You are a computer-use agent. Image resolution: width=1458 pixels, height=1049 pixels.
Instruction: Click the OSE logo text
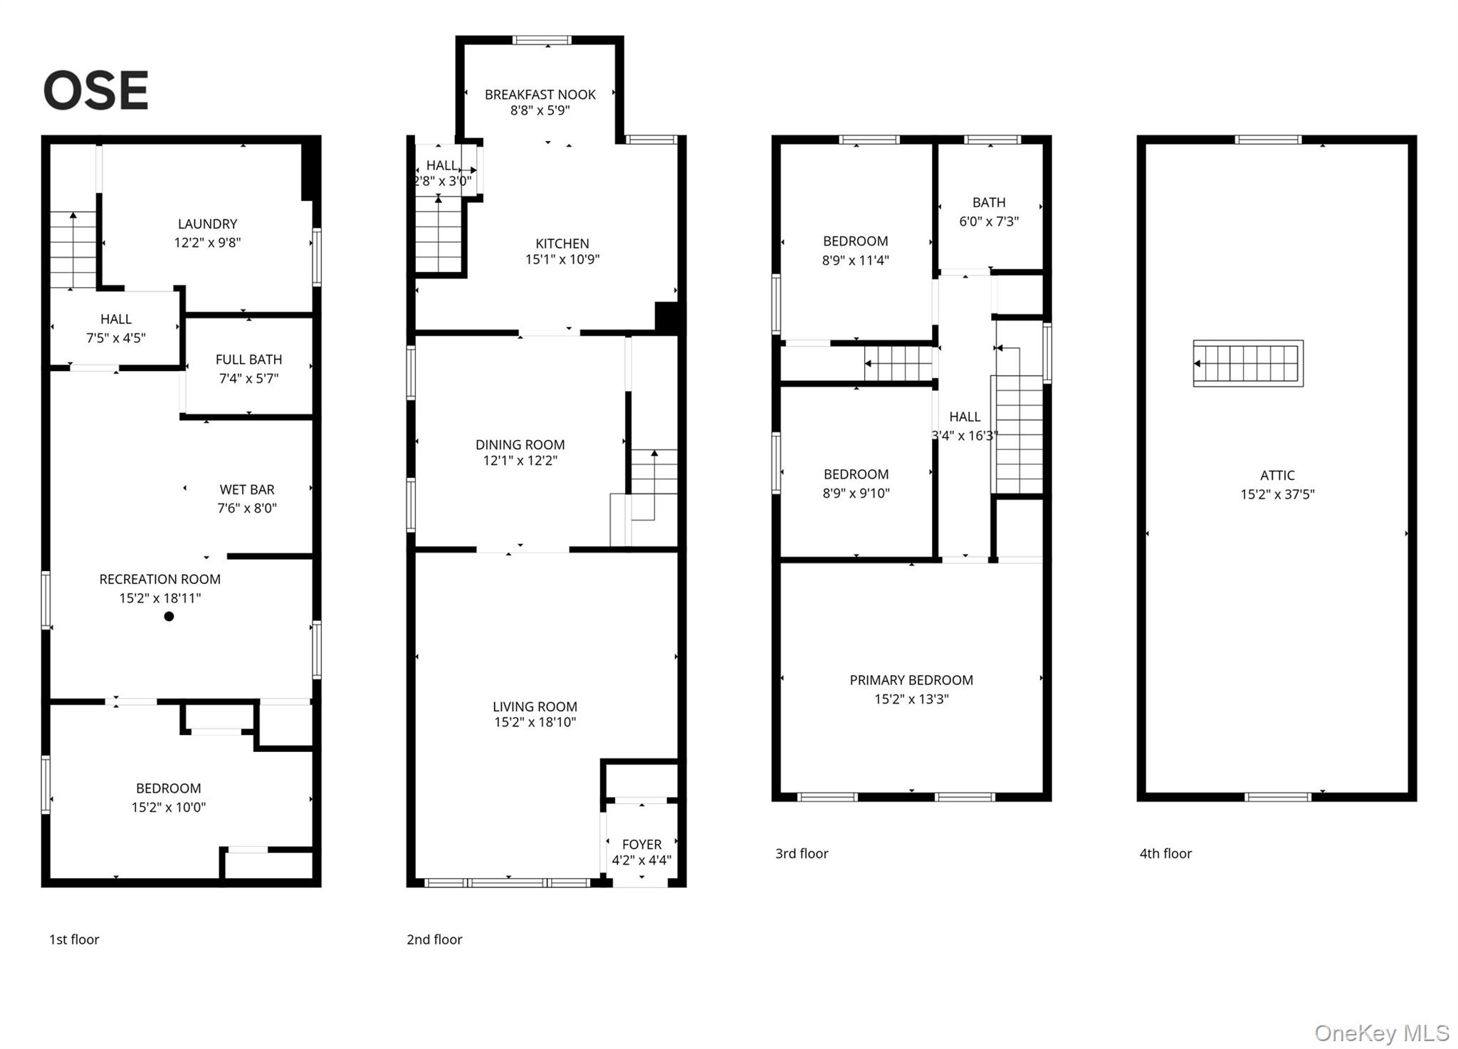[96, 90]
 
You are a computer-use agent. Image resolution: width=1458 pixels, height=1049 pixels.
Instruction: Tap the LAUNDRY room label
[207, 224]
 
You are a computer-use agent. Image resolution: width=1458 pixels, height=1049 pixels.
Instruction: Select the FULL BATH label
[248, 360]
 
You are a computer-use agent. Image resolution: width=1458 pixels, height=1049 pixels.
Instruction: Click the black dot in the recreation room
[169, 617]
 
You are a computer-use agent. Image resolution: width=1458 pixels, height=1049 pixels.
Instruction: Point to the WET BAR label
[246, 489]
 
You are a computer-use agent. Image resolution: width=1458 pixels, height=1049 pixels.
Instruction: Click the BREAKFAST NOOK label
[540, 94]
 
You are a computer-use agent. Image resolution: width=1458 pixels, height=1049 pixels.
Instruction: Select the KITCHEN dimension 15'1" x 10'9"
[562, 260]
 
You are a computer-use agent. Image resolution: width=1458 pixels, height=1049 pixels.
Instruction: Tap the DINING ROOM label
[520, 444]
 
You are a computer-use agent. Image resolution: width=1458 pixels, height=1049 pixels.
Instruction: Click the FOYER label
[641, 844]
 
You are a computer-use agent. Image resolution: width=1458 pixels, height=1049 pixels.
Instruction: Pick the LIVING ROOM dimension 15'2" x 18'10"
[535, 722]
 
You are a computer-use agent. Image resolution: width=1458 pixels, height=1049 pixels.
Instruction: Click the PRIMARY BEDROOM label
[911, 680]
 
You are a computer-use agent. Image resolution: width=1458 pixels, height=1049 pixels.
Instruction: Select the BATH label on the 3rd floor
[988, 203]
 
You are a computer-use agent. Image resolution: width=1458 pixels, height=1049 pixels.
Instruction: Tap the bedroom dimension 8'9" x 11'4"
[855, 261]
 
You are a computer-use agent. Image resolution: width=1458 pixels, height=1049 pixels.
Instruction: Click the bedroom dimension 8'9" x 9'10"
[856, 493]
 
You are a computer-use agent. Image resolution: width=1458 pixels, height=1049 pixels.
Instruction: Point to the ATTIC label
[1276, 475]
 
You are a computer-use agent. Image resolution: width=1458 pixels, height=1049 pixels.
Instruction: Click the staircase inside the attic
[1248, 363]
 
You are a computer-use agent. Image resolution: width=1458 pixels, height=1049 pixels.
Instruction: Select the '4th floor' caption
[1165, 853]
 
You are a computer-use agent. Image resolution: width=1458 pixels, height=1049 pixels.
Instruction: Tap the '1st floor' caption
[74, 939]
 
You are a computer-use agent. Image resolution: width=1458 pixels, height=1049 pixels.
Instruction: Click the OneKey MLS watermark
[1381, 1033]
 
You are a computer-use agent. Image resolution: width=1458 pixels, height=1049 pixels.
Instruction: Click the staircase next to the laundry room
[73, 251]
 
